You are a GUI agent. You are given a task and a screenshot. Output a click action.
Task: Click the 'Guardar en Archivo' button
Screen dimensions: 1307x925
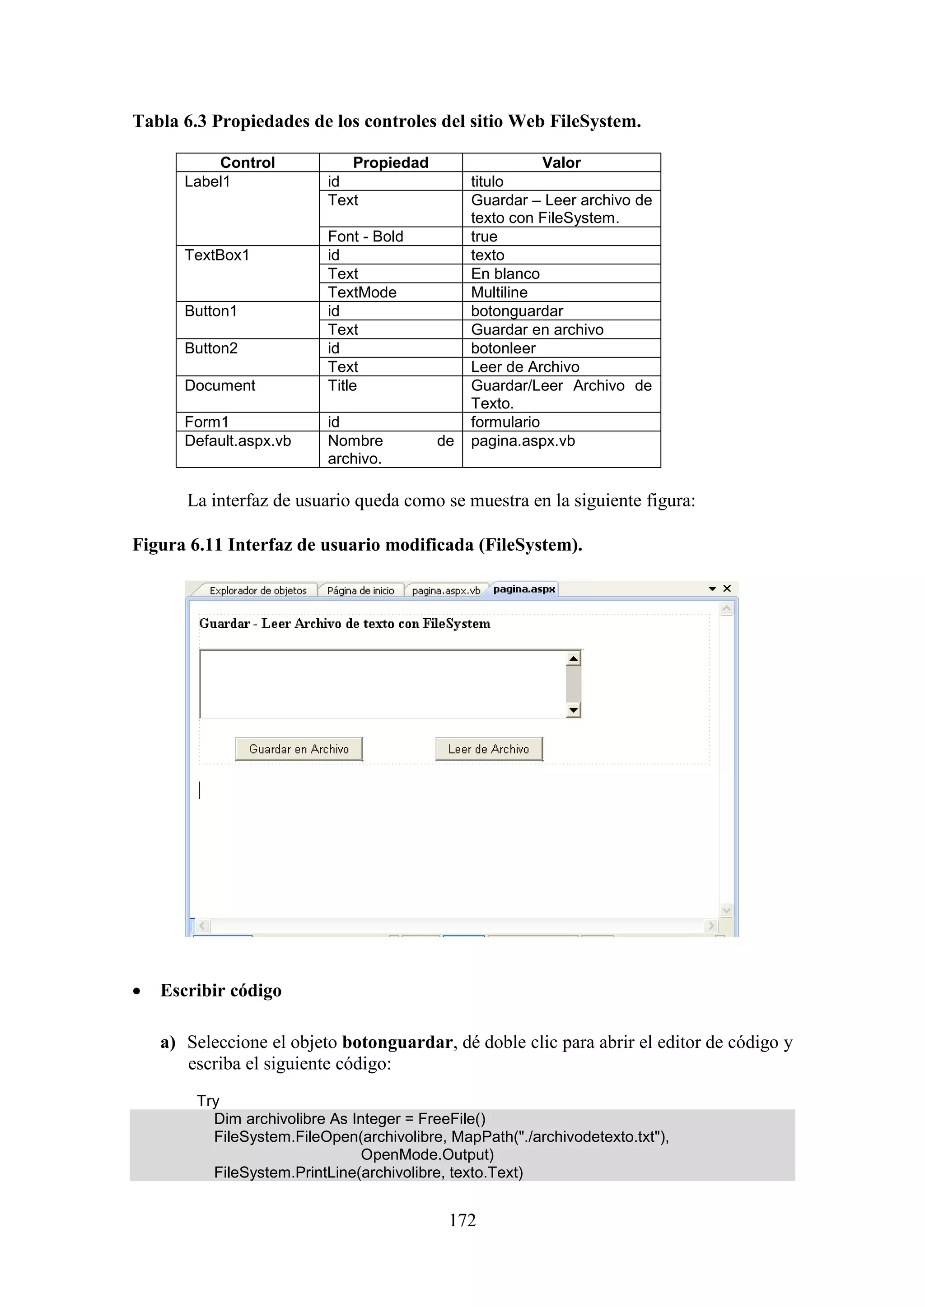(299, 749)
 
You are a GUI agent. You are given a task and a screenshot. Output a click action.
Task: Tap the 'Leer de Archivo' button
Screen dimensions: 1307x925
(489, 749)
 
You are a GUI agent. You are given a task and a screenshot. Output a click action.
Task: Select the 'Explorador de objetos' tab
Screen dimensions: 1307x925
(257, 590)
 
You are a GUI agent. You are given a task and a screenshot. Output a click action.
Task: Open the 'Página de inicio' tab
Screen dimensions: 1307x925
(360, 590)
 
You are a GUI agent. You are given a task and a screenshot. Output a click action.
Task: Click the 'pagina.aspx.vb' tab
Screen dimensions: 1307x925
(445, 590)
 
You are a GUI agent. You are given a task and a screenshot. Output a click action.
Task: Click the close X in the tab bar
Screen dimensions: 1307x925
(727, 588)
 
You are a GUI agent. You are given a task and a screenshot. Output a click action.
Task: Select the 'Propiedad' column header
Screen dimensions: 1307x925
(390, 163)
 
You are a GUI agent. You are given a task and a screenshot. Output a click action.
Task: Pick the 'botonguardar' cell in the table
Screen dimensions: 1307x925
(517, 311)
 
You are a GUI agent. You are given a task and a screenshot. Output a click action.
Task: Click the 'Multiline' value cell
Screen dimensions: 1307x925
(499, 292)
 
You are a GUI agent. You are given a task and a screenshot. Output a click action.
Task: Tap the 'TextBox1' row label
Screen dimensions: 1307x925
(217, 255)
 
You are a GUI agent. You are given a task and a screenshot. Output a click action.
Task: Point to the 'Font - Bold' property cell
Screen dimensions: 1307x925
(365, 236)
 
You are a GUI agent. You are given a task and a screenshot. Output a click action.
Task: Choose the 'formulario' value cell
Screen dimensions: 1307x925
(505, 422)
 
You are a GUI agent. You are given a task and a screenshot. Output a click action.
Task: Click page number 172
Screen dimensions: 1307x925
(462, 1219)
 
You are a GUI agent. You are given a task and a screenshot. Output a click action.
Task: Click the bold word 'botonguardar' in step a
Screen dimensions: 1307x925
(397, 1042)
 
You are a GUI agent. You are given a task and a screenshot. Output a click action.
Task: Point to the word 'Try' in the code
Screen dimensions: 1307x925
(208, 1100)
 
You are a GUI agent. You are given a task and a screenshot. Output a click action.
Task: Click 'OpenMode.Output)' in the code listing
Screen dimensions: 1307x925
(427, 1154)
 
